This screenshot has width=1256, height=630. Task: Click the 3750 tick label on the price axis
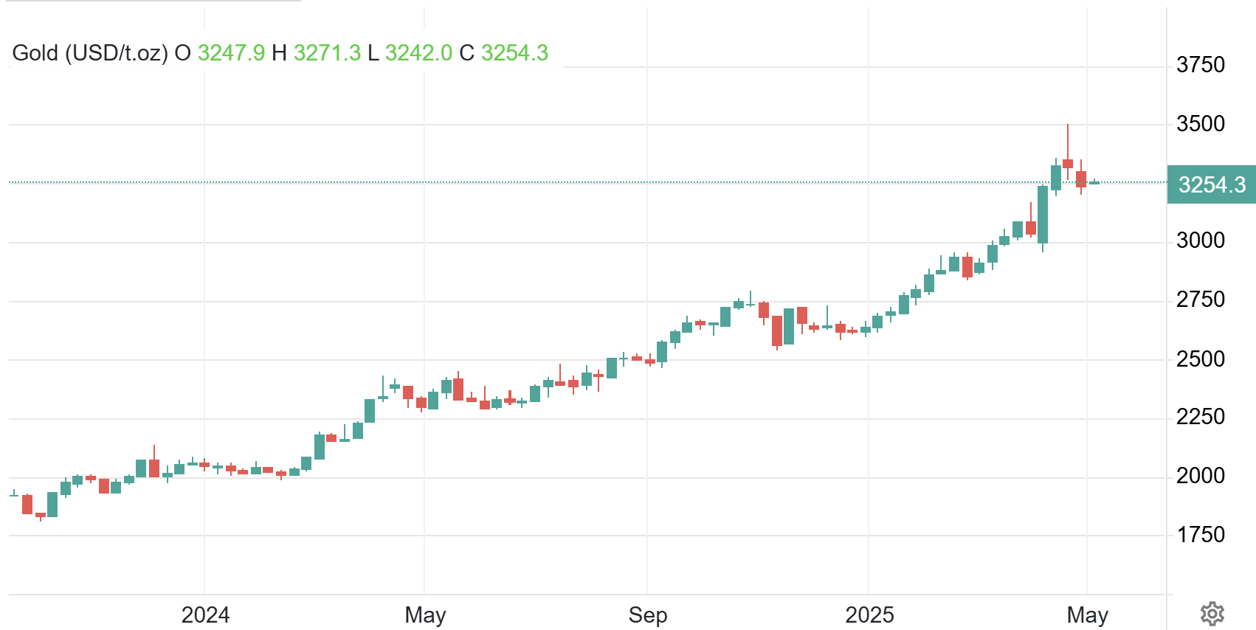coord(1200,65)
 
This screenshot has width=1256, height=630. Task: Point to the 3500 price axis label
coord(1200,124)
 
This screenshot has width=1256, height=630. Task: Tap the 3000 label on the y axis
coord(1200,240)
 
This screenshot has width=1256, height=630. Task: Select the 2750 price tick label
coord(1200,300)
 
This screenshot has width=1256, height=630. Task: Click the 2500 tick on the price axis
coord(1200,359)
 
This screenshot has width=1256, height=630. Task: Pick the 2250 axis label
coord(1200,417)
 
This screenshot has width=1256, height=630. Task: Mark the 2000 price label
coord(1200,476)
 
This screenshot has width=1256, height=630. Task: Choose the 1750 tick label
coord(1200,535)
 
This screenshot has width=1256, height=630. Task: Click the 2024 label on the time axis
coord(205,615)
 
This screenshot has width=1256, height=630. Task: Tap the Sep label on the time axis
coord(647,615)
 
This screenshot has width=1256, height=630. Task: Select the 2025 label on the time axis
coord(869,615)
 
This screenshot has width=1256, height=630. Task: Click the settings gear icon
coord(1212,614)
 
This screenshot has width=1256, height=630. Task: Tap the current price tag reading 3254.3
coord(1211,184)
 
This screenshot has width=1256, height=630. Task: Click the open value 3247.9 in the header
coord(231,53)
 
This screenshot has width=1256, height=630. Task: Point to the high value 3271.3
coord(327,53)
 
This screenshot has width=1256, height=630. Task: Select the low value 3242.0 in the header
coord(418,53)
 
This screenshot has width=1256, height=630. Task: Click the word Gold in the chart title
coord(35,53)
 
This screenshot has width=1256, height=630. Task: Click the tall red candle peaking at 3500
coord(1068,163)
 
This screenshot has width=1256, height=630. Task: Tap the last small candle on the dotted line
coord(1094,182)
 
